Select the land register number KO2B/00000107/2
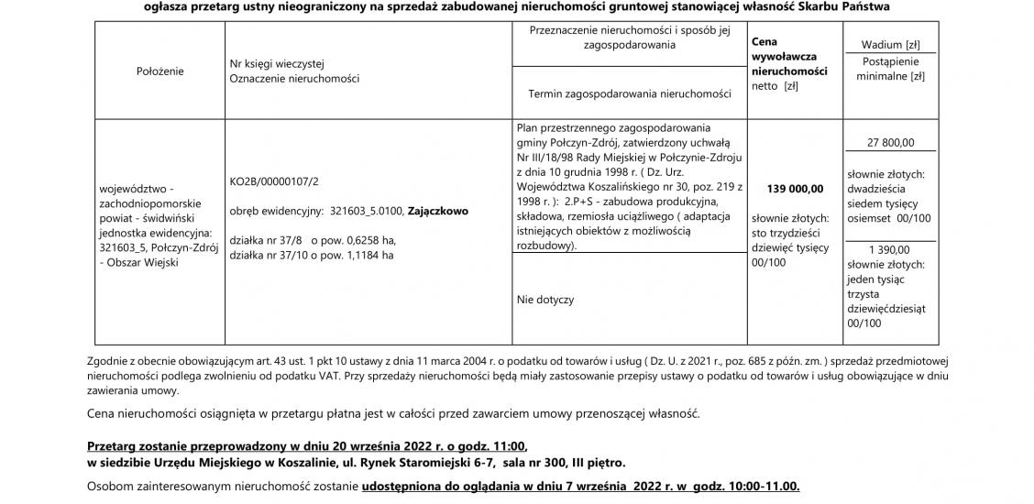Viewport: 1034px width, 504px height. pyautogui.click(x=274, y=182)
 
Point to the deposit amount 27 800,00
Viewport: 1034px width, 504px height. pyautogui.click(x=889, y=142)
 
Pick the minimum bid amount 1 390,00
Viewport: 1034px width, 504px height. pyautogui.click(x=889, y=249)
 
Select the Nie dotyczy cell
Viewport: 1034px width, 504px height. pyautogui.click(x=545, y=300)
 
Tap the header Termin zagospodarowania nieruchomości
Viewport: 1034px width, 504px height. pyautogui.click(x=630, y=93)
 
